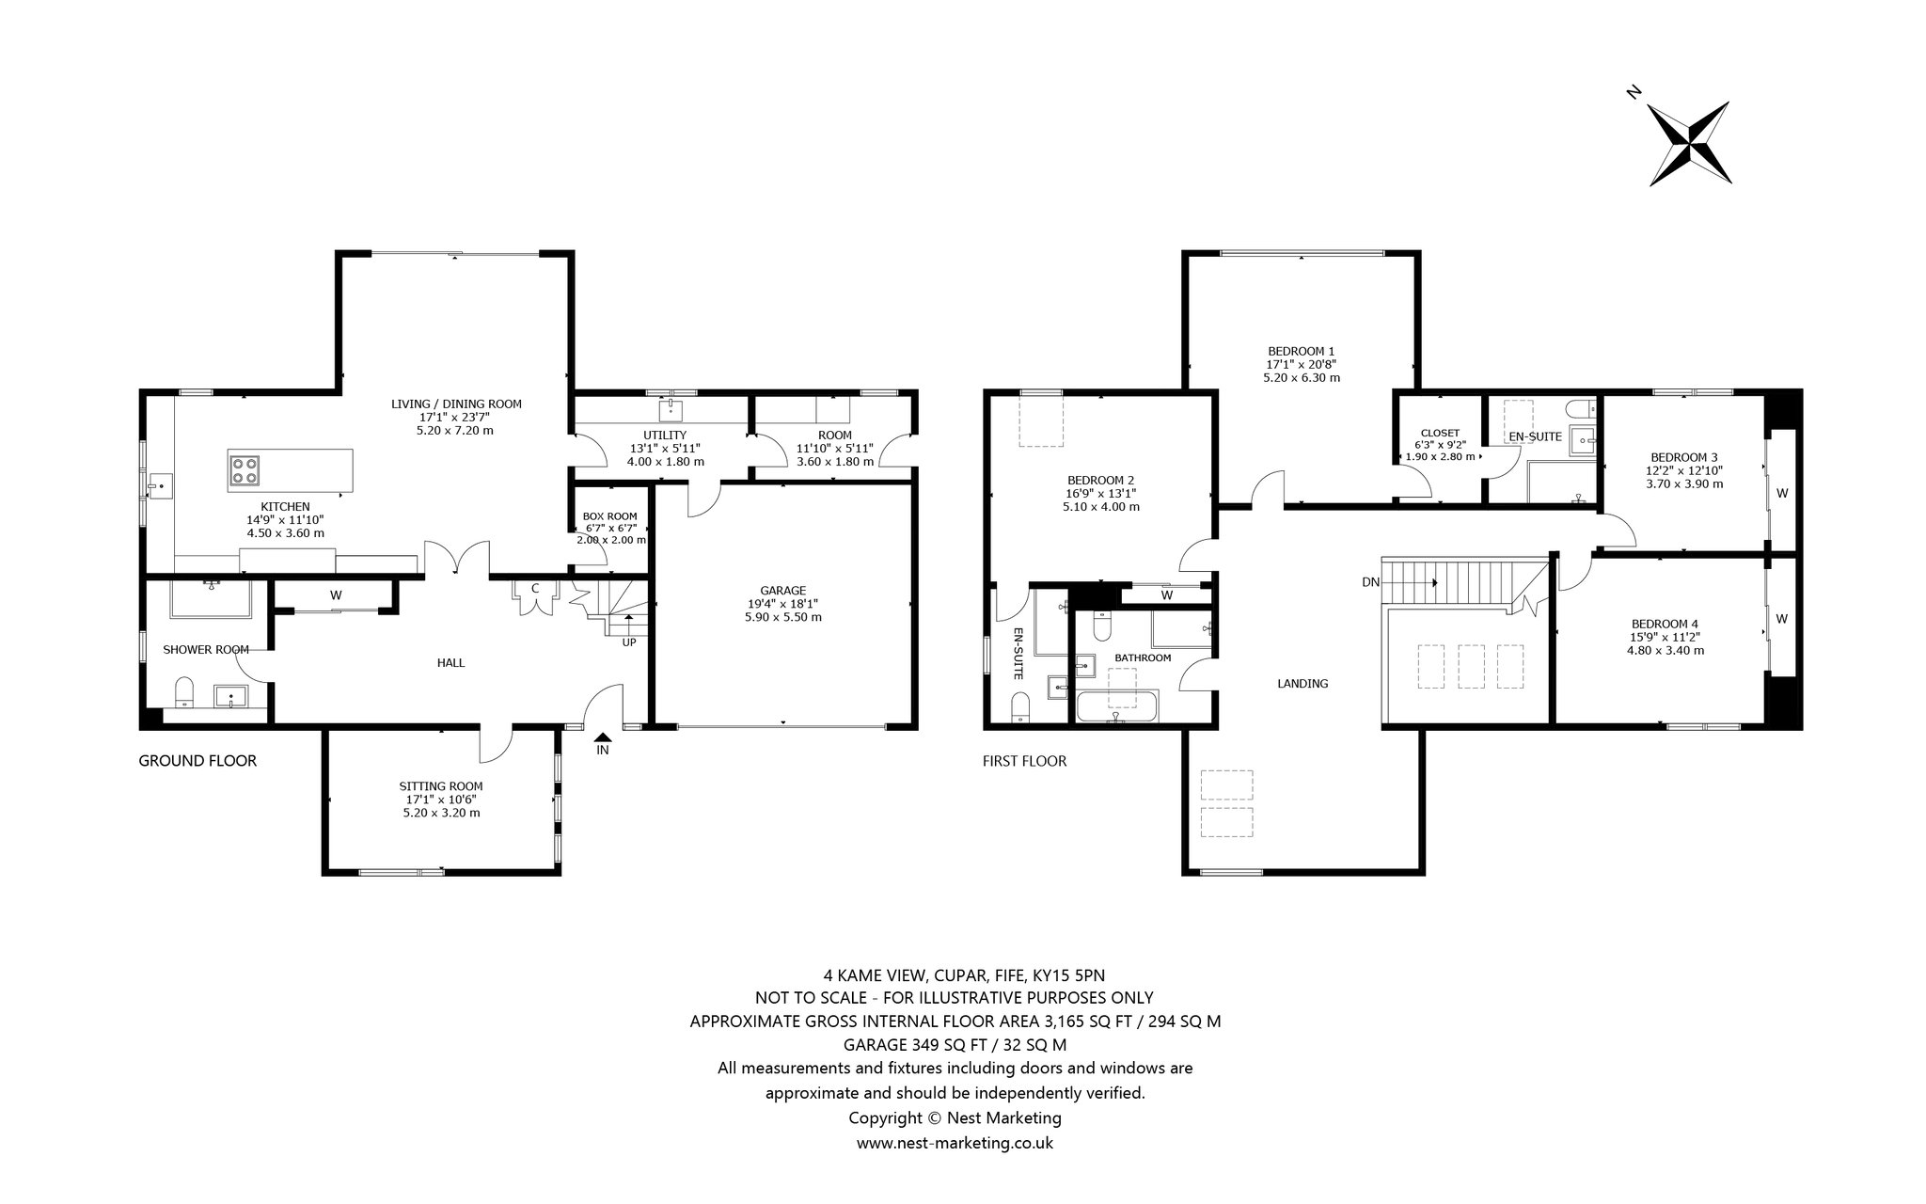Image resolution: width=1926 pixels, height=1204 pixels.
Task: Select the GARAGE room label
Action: [x=783, y=591]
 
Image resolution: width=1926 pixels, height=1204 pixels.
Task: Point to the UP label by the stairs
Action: [x=628, y=643]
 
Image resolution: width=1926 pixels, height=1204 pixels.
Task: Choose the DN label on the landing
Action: [x=1370, y=582]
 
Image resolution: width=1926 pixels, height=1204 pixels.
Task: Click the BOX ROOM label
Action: [x=609, y=516]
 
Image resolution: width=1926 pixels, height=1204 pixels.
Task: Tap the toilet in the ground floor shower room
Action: [x=184, y=691]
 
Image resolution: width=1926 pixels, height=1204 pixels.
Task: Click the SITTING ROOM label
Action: [x=441, y=786]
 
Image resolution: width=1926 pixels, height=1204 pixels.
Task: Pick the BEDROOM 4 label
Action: [x=1665, y=624]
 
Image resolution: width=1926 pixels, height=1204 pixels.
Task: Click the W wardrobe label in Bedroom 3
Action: [x=1781, y=492]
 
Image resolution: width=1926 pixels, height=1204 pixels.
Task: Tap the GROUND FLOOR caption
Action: [x=197, y=761]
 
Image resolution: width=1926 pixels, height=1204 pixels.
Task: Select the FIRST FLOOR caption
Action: [x=1025, y=761]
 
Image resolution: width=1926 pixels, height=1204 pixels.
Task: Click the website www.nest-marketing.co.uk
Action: [x=955, y=1143]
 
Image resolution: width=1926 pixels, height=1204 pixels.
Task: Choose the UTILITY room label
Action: [x=665, y=436]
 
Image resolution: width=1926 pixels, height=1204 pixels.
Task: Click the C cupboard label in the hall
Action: [x=535, y=589]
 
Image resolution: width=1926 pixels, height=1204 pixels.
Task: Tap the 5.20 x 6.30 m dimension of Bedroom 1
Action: [x=1301, y=378]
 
